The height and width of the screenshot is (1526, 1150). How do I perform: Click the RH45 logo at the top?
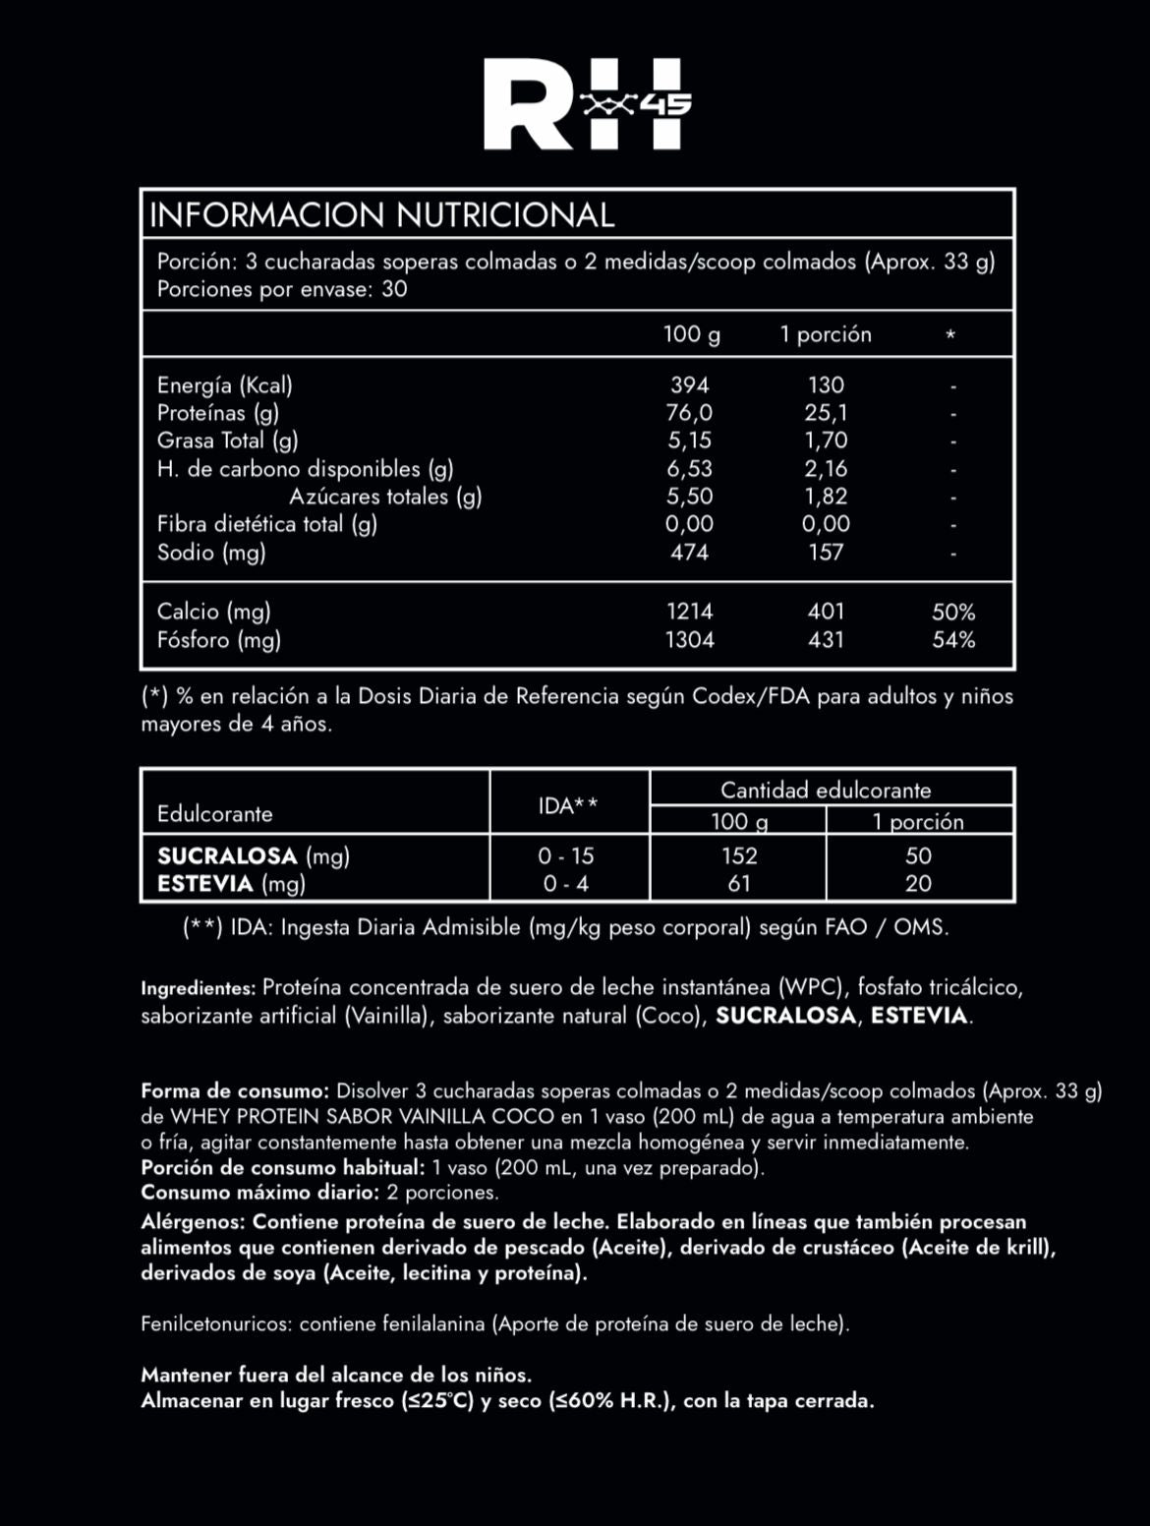pyautogui.click(x=588, y=104)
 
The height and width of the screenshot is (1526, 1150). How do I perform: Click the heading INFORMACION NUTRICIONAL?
pyautogui.click(x=381, y=214)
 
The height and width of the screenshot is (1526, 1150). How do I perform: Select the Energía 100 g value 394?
pyautogui.click(x=689, y=384)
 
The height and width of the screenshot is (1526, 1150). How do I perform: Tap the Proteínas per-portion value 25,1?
pyautogui.click(x=826, y=413)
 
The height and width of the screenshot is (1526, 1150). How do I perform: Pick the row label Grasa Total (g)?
pyautogui.click(x=227, y=440)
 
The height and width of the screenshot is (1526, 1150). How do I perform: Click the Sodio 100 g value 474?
pyautogui.click(x=689, y=552)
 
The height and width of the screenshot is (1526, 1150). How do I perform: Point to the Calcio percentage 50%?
pyautogui.click(x=953, y=612)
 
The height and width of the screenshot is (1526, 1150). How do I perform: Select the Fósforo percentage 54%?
pyautogui.click(x=953, y=640)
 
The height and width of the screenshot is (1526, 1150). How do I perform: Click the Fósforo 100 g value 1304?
pyautogui.click(x=689, y=640)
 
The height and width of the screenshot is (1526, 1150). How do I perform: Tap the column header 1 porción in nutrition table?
pyautogui.click(x=826, y=334)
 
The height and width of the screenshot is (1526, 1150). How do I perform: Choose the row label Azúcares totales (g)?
pyautogui.click(x=385, y=497)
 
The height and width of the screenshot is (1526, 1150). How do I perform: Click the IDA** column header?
pyautogui.click(x=568, y=806)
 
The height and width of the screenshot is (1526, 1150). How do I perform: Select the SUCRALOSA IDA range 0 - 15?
pyautogui.click(x=568, y=855)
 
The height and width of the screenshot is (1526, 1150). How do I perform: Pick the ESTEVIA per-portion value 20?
pyautogui.click(x=918, y=883)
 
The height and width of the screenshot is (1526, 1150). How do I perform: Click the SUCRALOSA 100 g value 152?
pyautogui.click(x=739, y=855)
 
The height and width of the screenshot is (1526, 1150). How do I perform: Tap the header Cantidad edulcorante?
pyautogui.click(x=826, y=790)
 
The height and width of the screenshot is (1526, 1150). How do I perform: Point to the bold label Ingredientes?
pyautogui.click(x=199, y=988)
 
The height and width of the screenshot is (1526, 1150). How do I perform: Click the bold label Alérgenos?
pyautogui.click(x=193, y=1221)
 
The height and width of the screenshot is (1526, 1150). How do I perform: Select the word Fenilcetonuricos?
pyautogui.click(x=215, y=1324)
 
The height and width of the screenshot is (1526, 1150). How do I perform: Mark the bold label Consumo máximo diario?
pyautogui.click(x=259, y=1193)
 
